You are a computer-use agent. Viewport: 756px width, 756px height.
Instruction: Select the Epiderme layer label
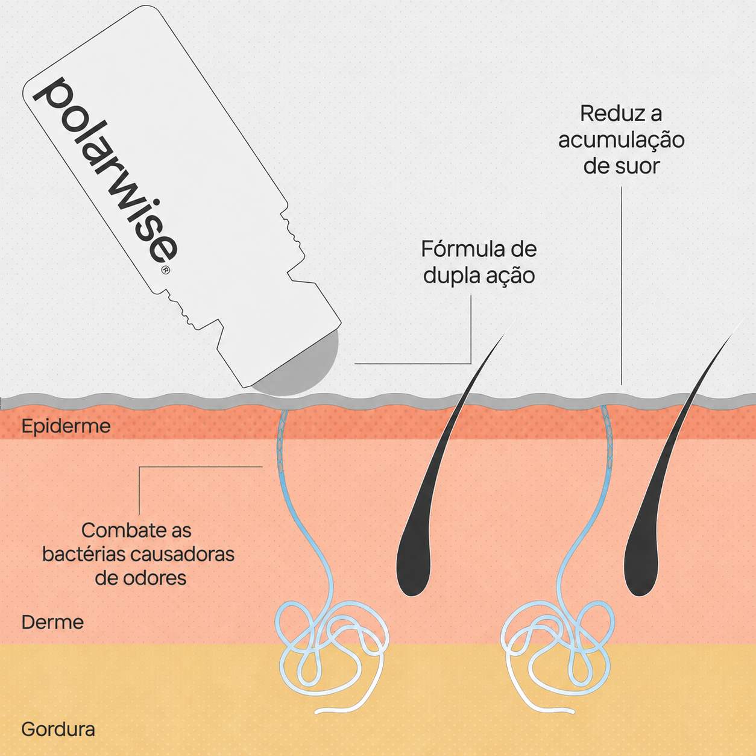[66, 426]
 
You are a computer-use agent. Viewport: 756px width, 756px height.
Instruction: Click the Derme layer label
[52, 622]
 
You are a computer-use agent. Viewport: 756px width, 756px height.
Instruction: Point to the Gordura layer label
[58, 729]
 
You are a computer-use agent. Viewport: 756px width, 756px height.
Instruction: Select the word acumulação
[622, 140]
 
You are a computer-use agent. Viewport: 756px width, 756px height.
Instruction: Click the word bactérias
[84, 555]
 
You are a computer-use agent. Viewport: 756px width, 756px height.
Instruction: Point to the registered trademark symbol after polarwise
[166, 270]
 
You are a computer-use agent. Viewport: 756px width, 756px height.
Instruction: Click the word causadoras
[183, 555]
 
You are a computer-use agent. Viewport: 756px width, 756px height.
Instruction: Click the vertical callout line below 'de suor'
[622, 286]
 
